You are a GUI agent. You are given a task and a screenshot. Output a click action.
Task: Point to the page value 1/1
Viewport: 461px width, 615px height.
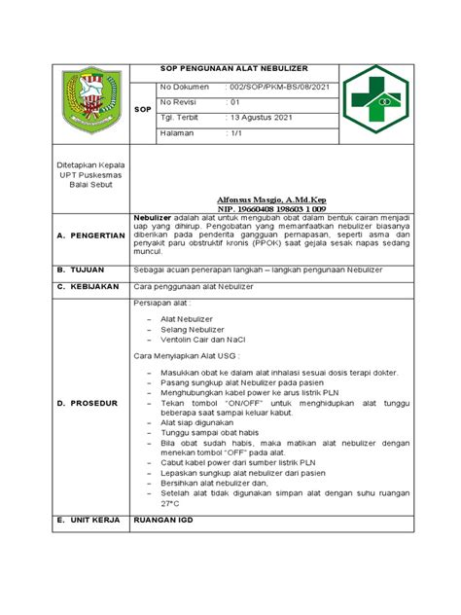coord(236,133)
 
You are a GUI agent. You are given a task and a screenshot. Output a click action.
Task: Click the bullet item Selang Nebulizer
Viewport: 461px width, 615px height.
coord(193,331)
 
